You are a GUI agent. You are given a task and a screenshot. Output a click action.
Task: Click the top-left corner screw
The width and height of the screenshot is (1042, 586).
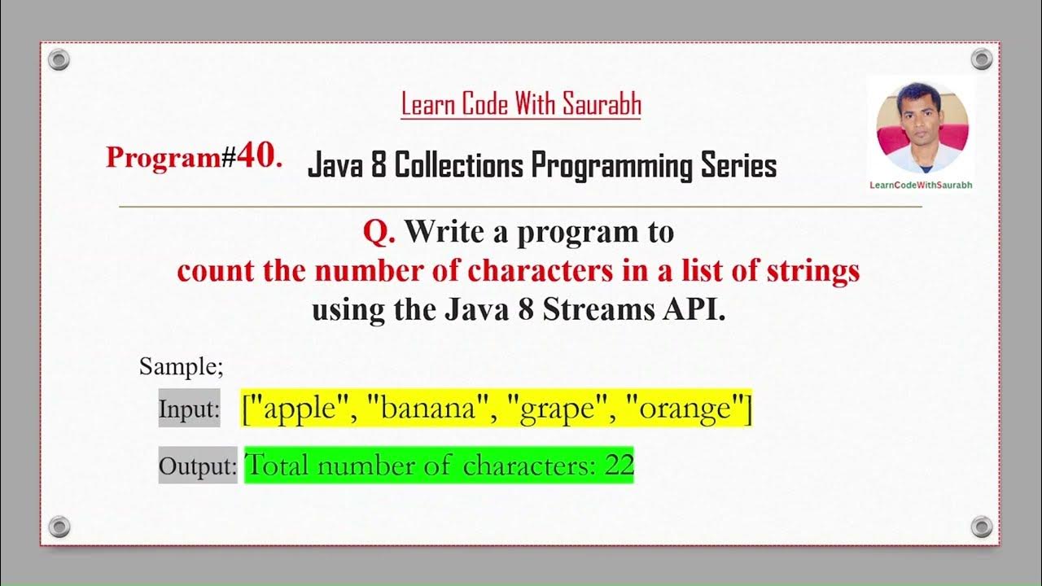coord(59,59)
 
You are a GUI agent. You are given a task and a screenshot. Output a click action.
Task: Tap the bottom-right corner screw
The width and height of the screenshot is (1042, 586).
coord(982,526)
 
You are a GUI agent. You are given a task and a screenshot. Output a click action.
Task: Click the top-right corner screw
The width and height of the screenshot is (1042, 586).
coord(982,59)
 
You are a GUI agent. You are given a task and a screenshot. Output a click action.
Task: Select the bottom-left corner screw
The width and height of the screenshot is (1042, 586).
coord(59,526)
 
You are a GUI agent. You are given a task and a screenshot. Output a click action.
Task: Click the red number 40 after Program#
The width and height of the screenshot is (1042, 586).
coord(260,156)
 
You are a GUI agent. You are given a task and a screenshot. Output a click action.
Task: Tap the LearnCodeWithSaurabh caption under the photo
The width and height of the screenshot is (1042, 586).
coord(921,185)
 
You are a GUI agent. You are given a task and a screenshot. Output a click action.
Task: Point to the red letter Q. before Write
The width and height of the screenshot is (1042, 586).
coord(379,233)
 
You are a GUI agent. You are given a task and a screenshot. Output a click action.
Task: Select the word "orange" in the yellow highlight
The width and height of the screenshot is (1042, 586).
coord(685,408)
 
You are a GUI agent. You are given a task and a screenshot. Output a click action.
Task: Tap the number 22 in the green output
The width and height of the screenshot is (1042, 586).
coord(620,466)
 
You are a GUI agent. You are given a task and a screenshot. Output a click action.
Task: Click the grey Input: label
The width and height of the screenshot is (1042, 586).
coord(189,409)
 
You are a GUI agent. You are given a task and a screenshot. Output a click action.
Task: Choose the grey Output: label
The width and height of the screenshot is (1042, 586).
coord(197,466)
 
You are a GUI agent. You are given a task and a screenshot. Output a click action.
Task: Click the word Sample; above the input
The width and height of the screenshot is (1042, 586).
coord(181,366)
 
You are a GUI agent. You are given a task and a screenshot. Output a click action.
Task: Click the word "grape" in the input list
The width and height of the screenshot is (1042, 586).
coord(561,408)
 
